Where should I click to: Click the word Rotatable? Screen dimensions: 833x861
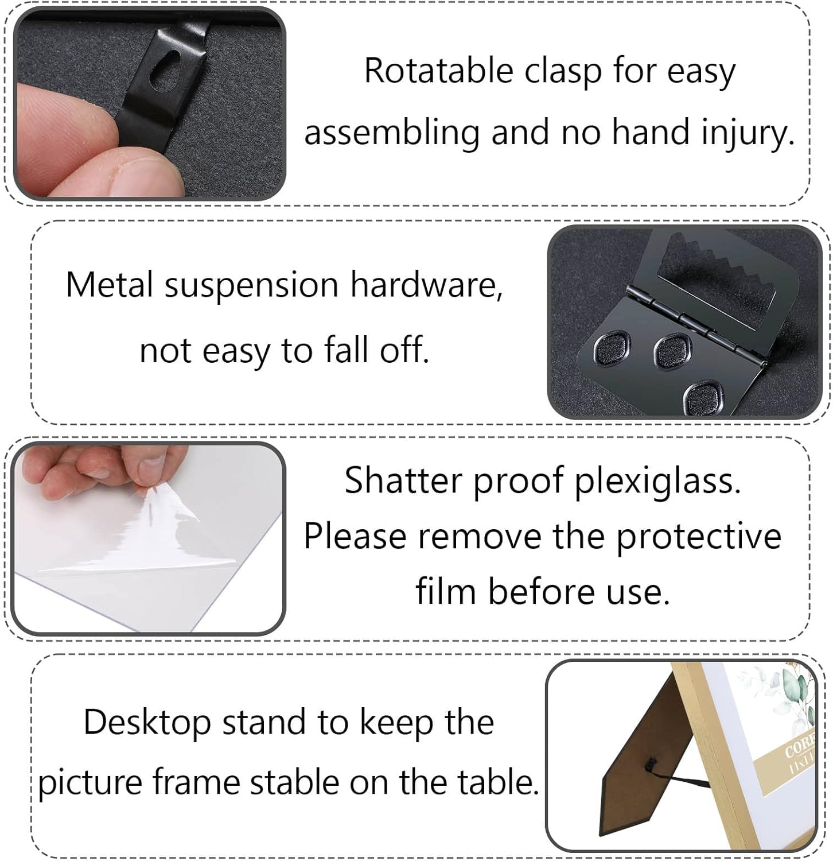(x=438, y=71)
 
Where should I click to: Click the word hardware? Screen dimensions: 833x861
(x=426, y=285)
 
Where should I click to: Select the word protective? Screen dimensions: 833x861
(x=698, y=537)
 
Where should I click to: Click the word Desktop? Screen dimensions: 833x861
(x=147, y=723)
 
